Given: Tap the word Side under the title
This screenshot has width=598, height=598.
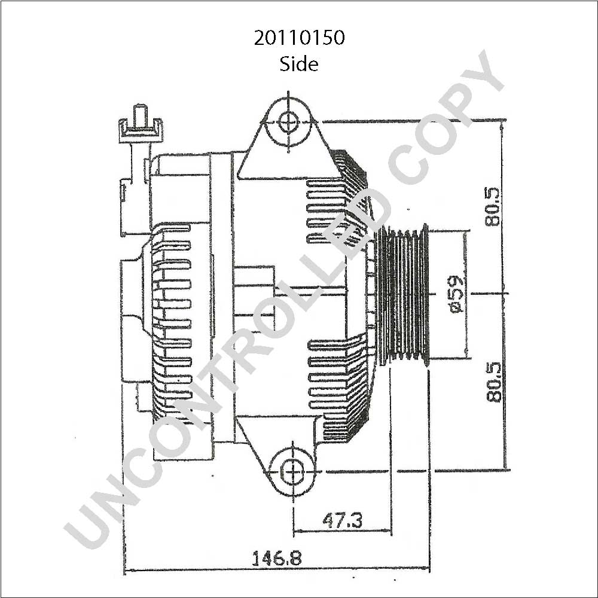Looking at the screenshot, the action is (299, 64).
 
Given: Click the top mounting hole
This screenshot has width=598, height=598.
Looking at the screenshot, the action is (289, 122).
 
